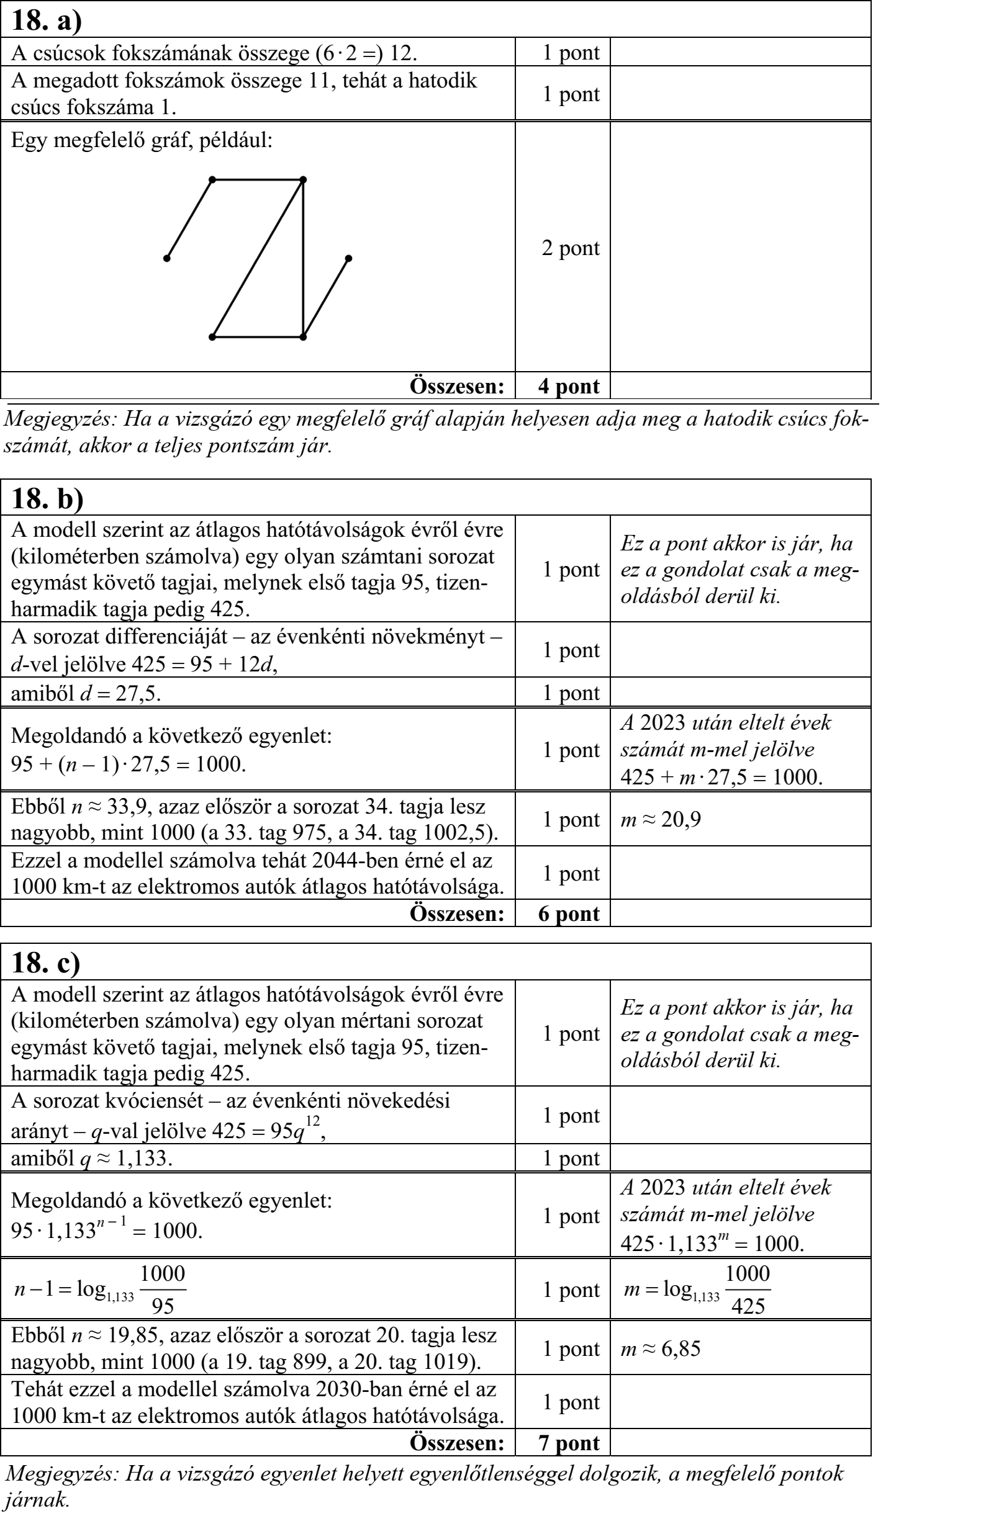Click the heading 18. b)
click(x=47, y=499)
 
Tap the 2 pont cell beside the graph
click(x=570, y=248)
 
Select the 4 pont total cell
click(x=569, y=386)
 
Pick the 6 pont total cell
click(x=569, y=913)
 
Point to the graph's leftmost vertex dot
click(x=167, y=258)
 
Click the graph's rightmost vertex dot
click(x=348, y=258)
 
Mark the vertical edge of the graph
click(x=303, y=258)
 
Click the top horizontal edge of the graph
click(x=258, y=180)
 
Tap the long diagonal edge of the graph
click(x=258, y=258)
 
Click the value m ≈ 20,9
click(x=661, y=820)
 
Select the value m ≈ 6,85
click(x=661, y=1348)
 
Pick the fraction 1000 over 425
click(x=748, y=1291)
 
